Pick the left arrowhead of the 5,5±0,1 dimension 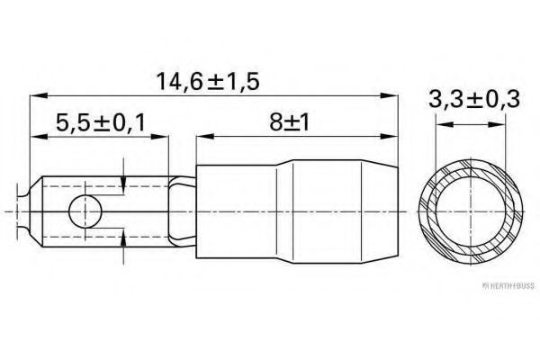[37, 137]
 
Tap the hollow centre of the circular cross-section [469, 211]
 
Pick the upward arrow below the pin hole [121, 236]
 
